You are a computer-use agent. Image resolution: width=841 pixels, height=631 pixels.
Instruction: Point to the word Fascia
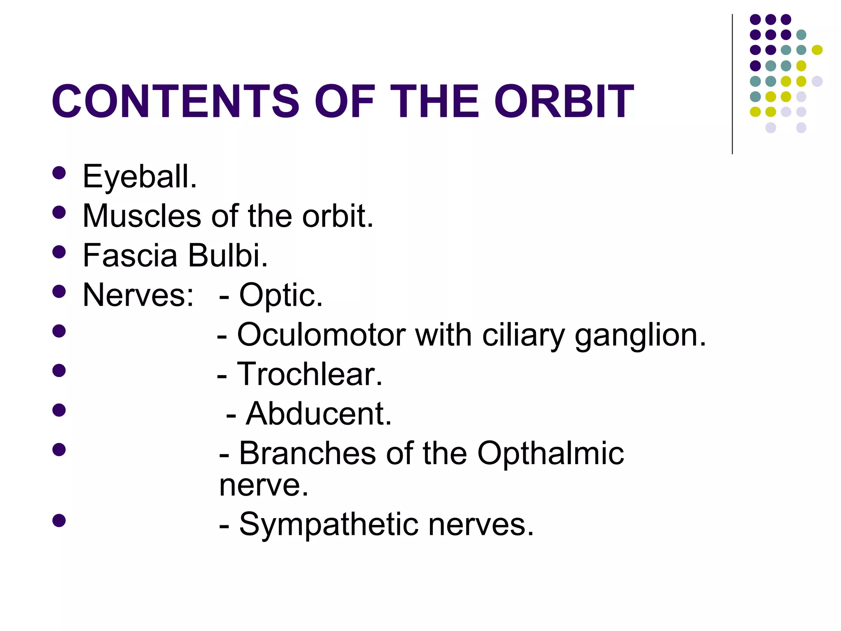(129, 256)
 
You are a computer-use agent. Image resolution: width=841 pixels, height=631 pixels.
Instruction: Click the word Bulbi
(228, 256)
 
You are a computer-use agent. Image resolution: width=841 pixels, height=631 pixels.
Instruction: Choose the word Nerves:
(138, 295)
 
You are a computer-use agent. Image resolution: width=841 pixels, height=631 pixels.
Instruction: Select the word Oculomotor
(321, 335)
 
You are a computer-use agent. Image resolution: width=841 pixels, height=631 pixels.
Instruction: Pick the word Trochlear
(310, 374)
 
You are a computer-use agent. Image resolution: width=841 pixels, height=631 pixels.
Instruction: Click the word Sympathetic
(329, 525)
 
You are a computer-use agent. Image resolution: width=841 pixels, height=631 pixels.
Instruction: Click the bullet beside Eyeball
(59, 173)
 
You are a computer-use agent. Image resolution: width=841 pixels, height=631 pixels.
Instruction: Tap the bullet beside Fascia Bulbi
(59, 252)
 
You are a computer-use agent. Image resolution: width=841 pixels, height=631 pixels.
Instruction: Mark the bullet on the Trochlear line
(59, 371)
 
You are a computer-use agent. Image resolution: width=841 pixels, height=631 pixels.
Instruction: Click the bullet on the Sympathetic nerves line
(59, 520)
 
